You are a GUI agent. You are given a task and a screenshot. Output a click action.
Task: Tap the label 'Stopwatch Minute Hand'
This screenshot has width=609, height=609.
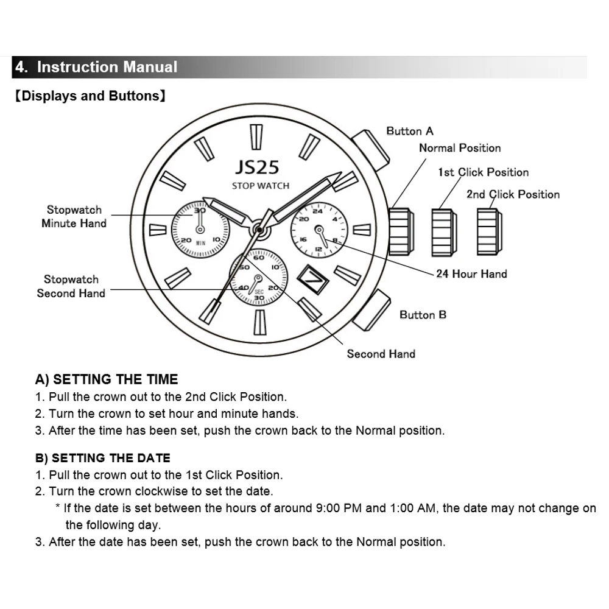(x=74, y=217)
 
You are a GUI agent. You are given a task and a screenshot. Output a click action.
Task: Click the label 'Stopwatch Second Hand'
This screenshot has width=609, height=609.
(x=71, y=286)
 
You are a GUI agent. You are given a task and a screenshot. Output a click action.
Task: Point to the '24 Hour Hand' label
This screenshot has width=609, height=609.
(x=471, y=274)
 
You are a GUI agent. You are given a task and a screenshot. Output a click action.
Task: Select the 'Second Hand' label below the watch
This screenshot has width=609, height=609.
(x=381, y=354)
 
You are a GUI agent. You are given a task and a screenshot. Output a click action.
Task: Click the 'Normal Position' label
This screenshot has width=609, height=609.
(x=460, y=148)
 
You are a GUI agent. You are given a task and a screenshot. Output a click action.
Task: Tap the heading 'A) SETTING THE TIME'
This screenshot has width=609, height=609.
(x=107, y=379)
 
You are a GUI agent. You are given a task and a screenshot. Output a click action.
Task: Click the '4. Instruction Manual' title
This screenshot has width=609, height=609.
(x=96, y=67)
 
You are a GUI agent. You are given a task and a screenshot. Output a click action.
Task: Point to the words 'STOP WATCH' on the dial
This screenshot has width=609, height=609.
(x=260, y=186)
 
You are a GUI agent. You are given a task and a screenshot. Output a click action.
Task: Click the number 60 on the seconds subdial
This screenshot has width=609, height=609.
(x=258, y=258)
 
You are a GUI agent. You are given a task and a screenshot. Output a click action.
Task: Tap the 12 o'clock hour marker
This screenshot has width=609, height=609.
(x=257, y=137)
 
